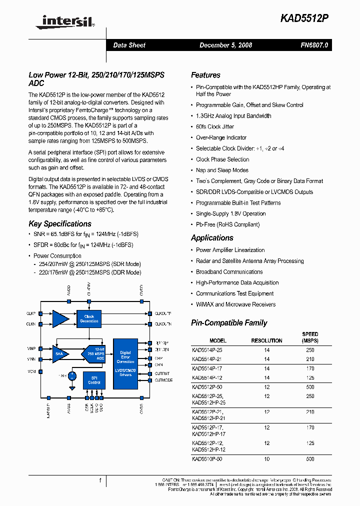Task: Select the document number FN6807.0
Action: point(314,45)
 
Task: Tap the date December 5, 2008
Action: point(225,45)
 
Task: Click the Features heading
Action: point(205,75)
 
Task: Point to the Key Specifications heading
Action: point(60,224)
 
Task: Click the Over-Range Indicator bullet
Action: point(221,137)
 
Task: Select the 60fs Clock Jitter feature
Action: point(215,126)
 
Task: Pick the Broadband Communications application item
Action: point(229,272)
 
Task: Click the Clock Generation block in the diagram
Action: point(89,318)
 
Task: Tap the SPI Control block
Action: point(94,380)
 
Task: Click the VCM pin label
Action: point(31,371)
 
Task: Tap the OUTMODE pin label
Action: point(164,380)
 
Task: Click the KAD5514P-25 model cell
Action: point(207,350)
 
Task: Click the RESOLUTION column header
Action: point(266,340)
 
